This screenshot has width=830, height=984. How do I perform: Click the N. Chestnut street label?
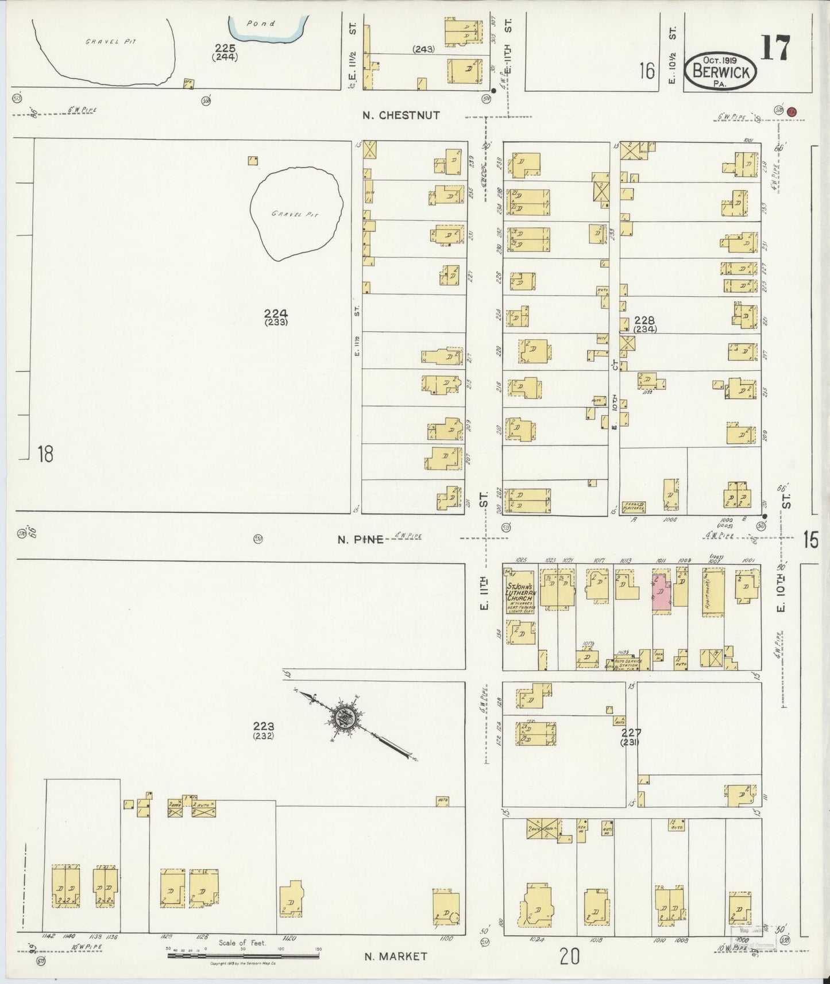pyautogui.click(x=401, y=115)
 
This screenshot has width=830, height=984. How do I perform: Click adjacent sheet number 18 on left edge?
pyautogui.click(x=45, y=454)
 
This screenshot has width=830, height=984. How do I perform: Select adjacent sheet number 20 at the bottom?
pyautogui.click(x=569, y=956)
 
